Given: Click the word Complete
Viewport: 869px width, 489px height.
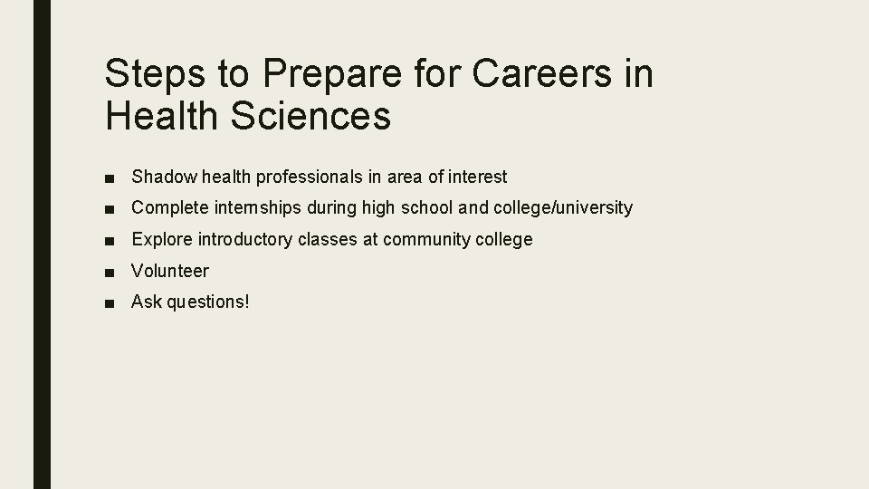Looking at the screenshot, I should pyautogui.click(x=170, y=207).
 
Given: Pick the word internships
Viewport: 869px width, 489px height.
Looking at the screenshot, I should pyautogui.click(x=257, y=207).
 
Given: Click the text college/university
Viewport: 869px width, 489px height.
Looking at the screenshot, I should pyautogui.click(x=563, y=207).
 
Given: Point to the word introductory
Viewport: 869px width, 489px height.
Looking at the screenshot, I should pyautogui.click(x=242, y=239).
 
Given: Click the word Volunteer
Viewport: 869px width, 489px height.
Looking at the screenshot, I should pyautogui.click(x=170, y=271).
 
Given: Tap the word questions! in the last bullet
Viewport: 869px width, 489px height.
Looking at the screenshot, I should pyautogui.click(x=207, y=302).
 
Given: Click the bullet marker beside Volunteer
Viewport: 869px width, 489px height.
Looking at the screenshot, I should pyautogui.click(x=109, y=272).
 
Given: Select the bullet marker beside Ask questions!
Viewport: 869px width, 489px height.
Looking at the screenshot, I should pyautogui.click(x=109, y=302).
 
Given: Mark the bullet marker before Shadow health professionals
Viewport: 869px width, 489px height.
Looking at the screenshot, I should pyautogui.click(x=109, y=177).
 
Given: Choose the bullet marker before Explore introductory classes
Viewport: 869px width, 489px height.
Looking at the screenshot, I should pyautogui.click(x=109, y=240).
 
